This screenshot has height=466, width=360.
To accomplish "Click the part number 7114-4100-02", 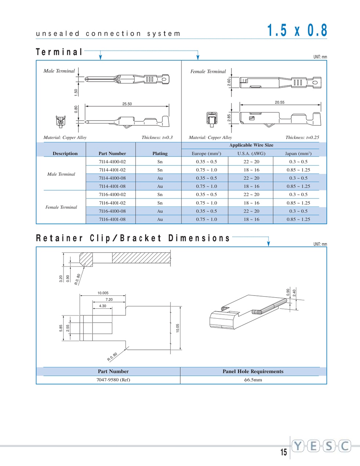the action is coord(112,162).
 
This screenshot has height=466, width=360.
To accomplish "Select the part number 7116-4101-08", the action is coord(112,219).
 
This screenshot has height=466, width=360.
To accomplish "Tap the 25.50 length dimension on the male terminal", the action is coord(127,104).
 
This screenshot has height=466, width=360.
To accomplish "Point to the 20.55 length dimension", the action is coord(280,103).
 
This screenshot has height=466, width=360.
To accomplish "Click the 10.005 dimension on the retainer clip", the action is coord(103,293).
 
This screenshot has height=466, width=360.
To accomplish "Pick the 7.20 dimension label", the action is coord(109,300).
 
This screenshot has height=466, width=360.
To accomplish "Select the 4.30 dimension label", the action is coord(102,306).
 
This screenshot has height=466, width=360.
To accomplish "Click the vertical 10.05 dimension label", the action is coord(178,328).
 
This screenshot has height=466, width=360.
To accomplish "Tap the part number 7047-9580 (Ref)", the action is coord(113,380).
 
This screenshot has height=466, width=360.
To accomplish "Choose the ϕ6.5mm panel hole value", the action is coord(253,380).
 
